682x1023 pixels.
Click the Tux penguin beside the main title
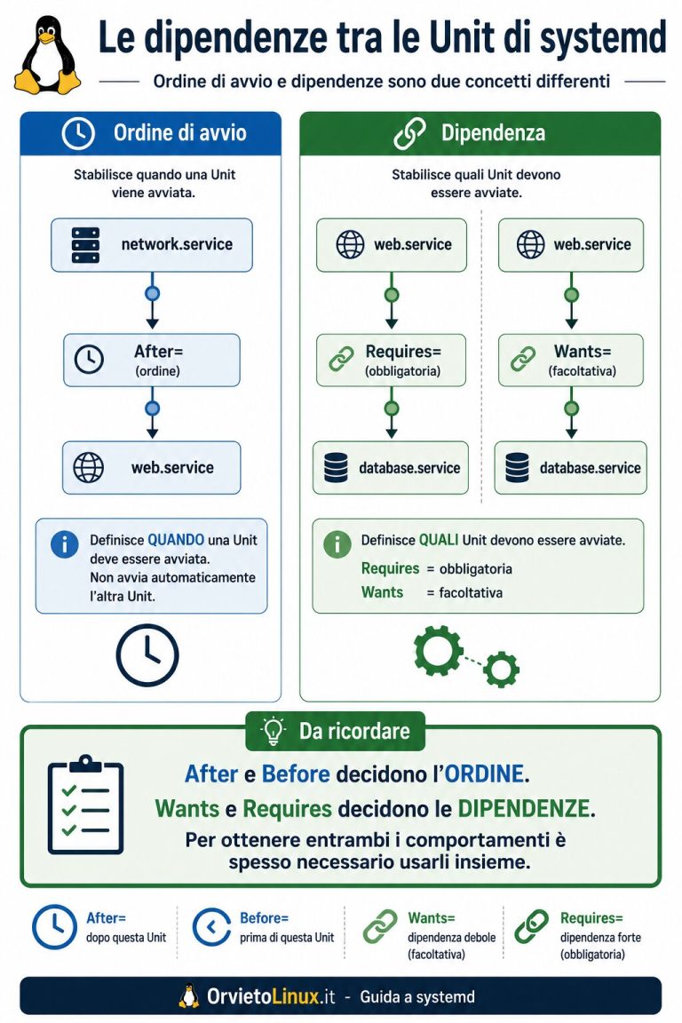tap(47, 55)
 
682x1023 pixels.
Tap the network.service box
tap(152, 245)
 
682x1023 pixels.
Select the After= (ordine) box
tap(152, 361)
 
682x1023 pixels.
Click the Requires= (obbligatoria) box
tap(391, 361)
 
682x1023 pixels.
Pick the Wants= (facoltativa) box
tap(570, 361)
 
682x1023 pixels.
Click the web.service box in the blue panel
tap(152, 468)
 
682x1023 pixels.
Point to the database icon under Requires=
tap(336, 468)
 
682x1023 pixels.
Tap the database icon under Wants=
tap(518, 468)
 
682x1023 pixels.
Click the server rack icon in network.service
tap(85, 245)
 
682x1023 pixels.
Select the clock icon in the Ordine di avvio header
tap(78, 132)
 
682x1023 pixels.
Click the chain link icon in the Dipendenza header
tap(410, 133)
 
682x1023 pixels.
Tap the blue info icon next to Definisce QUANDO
tap(65, 544)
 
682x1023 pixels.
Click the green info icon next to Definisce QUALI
tap(337, 544)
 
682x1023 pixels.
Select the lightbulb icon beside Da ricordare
tap(273, 732)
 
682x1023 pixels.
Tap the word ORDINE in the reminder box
tap(484, 774)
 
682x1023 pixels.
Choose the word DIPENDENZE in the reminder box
tap(524, 809)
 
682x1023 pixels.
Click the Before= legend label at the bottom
tap(265, 918)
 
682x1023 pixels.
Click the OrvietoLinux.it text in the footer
tap(271, 997)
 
